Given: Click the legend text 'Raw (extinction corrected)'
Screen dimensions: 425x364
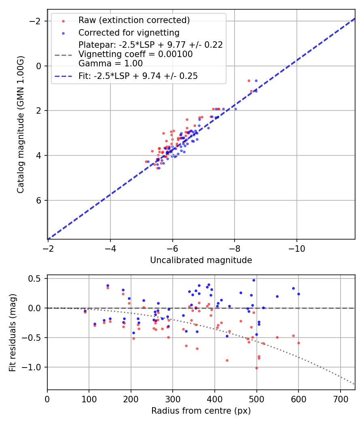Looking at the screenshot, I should pos(134,20).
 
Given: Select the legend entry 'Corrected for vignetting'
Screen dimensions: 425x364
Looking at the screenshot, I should pos(129,32).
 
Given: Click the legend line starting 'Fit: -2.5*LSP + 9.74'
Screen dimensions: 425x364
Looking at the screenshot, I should pos(138,76).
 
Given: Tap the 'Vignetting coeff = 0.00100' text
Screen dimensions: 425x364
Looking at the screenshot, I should pos(135,54).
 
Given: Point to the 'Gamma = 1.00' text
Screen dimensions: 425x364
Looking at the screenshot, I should pos(110,64).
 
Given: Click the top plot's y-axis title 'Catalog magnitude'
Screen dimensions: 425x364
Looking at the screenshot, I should pos(21,124).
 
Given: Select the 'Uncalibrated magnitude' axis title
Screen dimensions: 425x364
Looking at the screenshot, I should pos(201,260).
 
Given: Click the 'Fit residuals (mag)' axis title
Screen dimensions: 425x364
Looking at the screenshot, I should pos(13,332).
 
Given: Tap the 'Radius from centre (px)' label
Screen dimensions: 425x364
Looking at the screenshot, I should pos(201,411).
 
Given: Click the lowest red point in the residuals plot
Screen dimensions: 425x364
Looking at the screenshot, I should pos(256,368).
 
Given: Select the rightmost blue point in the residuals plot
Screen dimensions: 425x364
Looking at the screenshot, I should pos(298,294).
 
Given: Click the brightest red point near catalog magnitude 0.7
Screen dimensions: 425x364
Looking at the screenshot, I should pos(249,81).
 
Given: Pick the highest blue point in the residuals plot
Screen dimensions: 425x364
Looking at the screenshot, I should pos(254,280).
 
